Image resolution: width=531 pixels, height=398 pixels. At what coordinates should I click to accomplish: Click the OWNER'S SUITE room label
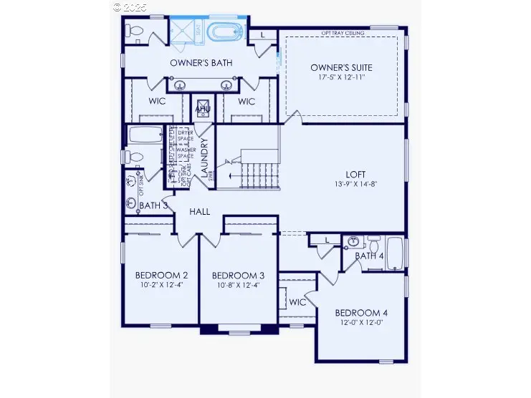(x=341, y=67)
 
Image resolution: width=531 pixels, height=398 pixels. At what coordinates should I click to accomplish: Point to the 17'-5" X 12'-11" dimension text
(x=341, y=77)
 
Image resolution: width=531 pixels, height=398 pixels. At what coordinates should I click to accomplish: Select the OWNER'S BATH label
(x=201, y=63)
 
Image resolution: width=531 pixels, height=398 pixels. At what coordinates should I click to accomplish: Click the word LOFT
(x=356, y=174)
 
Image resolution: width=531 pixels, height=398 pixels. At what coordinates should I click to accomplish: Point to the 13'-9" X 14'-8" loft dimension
(x=356, y=184)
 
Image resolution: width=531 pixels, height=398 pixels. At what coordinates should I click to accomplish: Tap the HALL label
(x=199, y=212)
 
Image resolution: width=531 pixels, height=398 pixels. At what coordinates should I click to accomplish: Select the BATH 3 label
(x=153, y=205)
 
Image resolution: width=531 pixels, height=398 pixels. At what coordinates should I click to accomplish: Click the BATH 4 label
(x=369, y=256)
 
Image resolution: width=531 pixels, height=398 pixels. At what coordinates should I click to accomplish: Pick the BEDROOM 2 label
(x=161, y=275)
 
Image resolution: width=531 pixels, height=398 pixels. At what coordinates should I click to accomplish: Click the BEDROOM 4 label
(x=362, y=313)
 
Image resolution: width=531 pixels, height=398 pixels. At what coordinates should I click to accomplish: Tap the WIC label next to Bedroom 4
(x=297, y=302)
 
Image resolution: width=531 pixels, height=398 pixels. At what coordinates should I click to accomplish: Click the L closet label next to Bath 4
(x=326, y=241)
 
